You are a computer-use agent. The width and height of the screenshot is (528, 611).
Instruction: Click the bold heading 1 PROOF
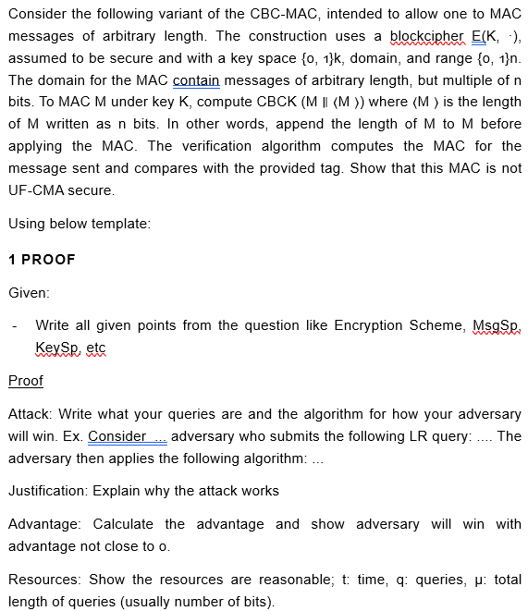coord(42,259)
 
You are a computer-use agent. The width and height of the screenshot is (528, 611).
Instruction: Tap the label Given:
coord(29,292)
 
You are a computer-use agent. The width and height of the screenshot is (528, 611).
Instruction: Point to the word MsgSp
coord(497,325)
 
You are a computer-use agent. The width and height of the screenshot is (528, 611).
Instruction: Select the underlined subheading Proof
coord(26,380)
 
